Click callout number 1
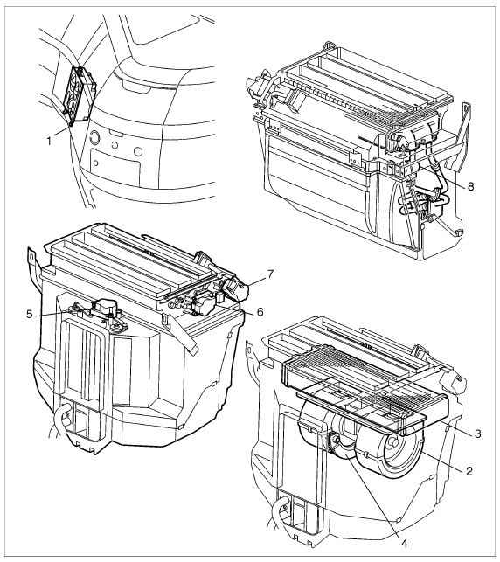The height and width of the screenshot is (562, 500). (x=50, y=142)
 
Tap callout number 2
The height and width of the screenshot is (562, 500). (x=469, y=471)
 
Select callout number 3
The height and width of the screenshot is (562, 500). (x=477, y=434)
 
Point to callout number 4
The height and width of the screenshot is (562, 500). (x=405, y=544)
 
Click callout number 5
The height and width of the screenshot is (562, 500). (x=30, y=315)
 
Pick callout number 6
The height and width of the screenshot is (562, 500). (x=260, y=312)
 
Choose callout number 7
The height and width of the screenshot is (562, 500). (x=270, y=274)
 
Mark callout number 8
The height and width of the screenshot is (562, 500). (x=470, y=186)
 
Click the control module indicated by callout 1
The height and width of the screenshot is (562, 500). (x=80, y=96)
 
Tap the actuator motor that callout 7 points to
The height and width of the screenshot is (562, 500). (x=235, y=289)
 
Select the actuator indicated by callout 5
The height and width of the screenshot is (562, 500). (x=106, y=311)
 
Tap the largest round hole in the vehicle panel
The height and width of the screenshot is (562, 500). (x=95, y=137)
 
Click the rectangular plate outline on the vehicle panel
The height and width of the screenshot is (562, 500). (x=115, y=168)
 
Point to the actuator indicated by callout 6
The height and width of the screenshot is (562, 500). (x=203, y=306)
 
